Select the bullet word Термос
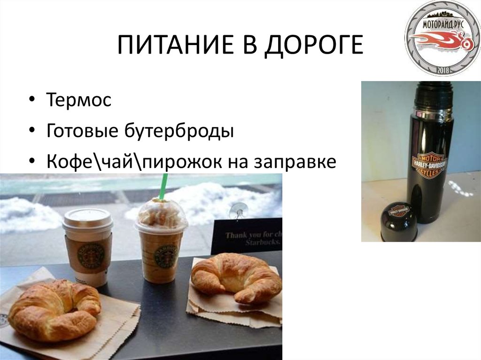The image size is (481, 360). pyautogui.click(x=79, y=100)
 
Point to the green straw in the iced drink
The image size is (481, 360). pyautogui.click(x=163, y=186)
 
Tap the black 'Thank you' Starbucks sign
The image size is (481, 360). pyautogui.click(x=247, y=237)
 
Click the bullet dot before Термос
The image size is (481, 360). pyautogui.click(x=31, y=100)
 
